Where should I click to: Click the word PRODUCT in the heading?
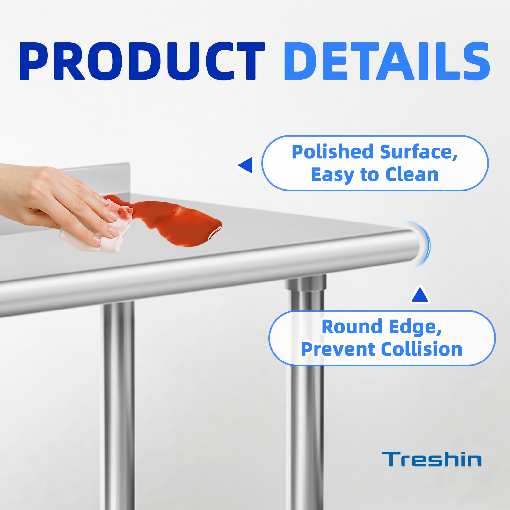(142, 61)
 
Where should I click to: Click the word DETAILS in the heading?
(387, 61)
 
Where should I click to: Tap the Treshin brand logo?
(432, 459)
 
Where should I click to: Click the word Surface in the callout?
(419, 152)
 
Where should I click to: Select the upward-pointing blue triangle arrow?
(420, 295)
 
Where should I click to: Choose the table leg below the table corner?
(306, 392)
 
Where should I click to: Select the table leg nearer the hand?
(119, 405)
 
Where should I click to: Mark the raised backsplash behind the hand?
(96, 178)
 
